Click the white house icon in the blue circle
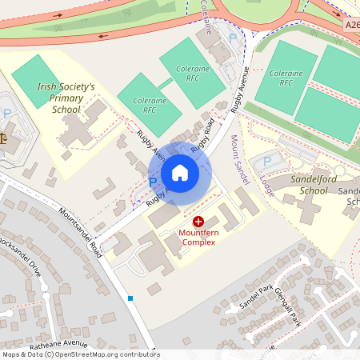pyautogui.click(x=180, y=173)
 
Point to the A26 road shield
pyautogui.click(x=353, y=26)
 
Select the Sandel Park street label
pyautogui.click(x=258, y=295)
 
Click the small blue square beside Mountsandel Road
pyautogui.click(x=130, y=298)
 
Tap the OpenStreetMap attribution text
pyautogui.click(x=81, y=354)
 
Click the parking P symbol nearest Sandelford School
pyautogui.click(x=268, y=162)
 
